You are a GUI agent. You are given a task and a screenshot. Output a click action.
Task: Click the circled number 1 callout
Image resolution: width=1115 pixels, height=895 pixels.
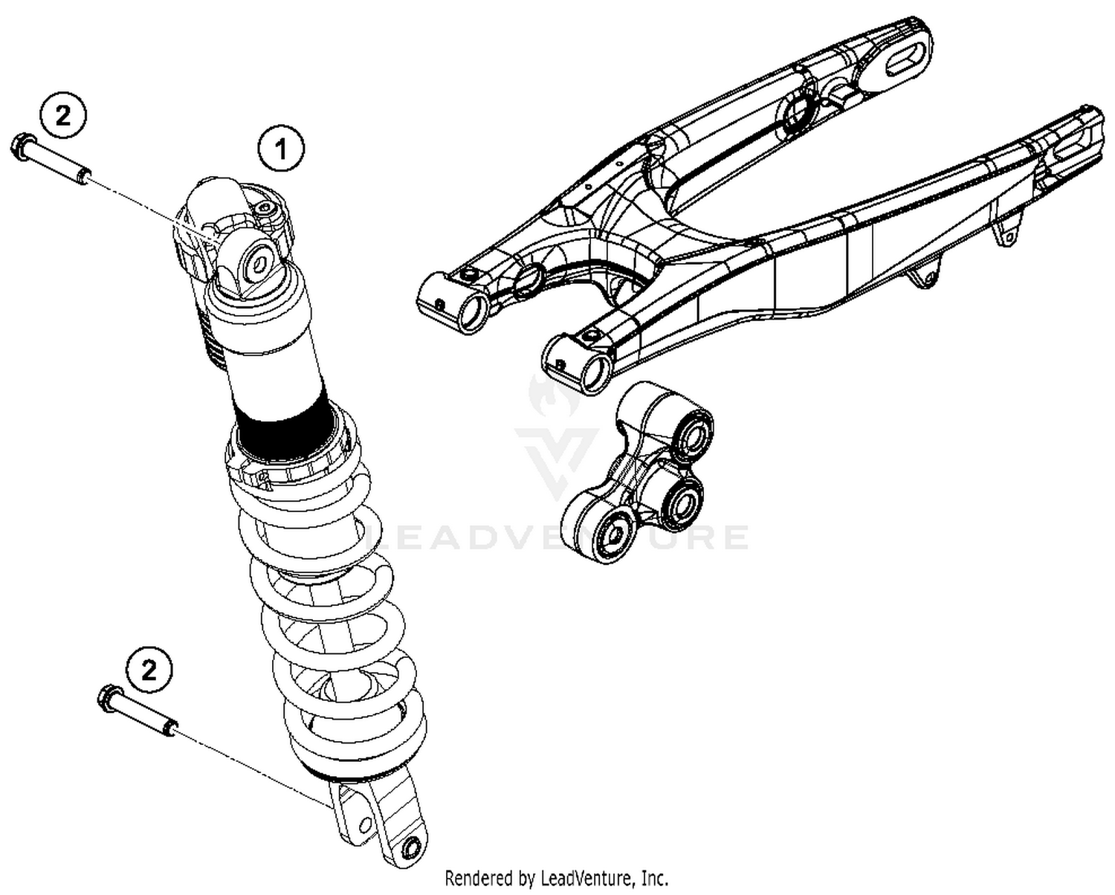[280, 149]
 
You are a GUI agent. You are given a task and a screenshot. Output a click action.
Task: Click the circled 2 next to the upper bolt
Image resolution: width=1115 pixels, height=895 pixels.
[63, 115]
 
